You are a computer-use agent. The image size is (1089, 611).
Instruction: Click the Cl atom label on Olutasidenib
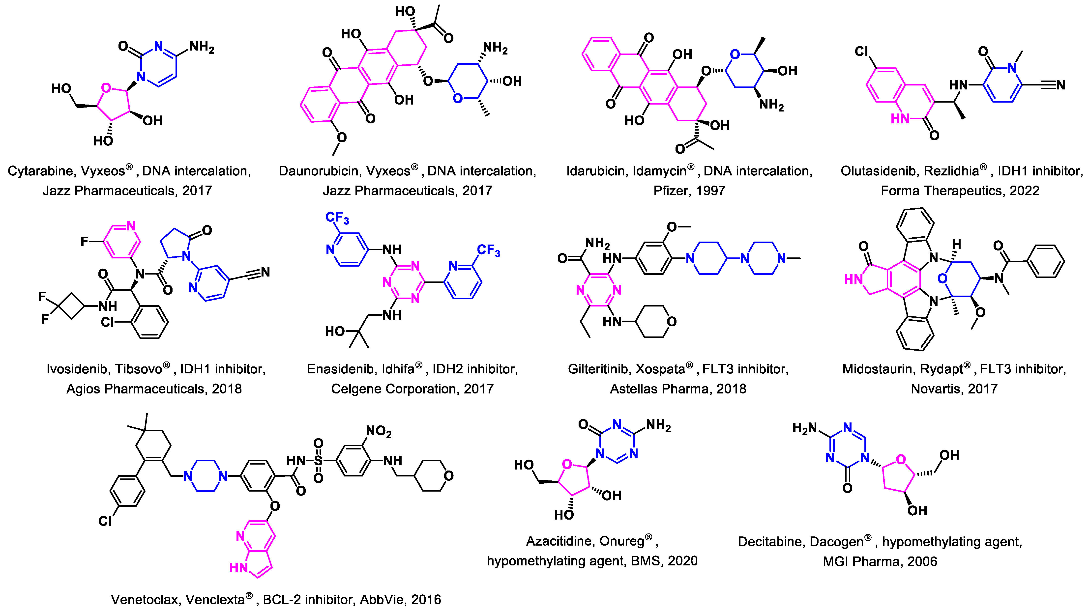(x=862, y=52)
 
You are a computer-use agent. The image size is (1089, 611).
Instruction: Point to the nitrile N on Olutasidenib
(x=1060, y=85)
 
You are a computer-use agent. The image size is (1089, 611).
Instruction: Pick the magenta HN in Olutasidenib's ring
(x=900, y=119)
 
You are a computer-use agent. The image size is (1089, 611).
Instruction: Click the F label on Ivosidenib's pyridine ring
(x=85, y=242)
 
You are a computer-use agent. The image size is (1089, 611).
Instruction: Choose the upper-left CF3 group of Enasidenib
(x=337, y=218)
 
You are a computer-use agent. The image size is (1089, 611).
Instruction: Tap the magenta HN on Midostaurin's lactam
(x=853, y=279)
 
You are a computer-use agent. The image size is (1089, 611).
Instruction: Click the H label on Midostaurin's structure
(x=956, y=244)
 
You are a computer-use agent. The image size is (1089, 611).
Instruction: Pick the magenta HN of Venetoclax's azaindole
(x=238, y=568)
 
